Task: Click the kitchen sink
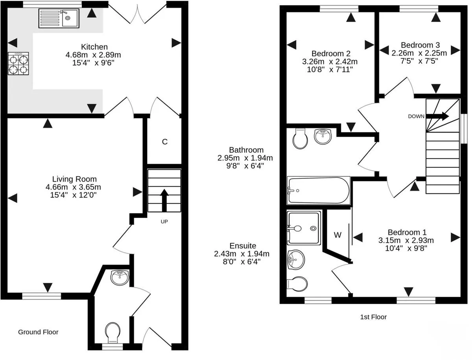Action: point(59,18)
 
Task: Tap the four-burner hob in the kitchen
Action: point(18,63)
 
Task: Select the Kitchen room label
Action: point(94,47)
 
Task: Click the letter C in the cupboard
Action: point(165,142)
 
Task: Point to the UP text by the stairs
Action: point(164,222)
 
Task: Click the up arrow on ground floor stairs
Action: point(164,200)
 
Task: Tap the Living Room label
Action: point(74,179)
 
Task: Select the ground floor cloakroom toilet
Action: point(112,332)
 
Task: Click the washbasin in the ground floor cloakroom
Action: point(120,277)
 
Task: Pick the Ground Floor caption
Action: point(38,332)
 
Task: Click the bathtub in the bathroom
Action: point(319,190)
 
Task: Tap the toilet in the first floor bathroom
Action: point(300,139)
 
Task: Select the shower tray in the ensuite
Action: point(304,228)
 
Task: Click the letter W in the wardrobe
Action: point(337,235)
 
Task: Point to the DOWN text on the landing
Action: point(416,116)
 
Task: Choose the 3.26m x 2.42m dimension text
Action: point(330,62)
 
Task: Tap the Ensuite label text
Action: point(243,246)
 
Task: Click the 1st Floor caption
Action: point(374,317)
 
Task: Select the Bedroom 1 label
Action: point(407,232)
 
